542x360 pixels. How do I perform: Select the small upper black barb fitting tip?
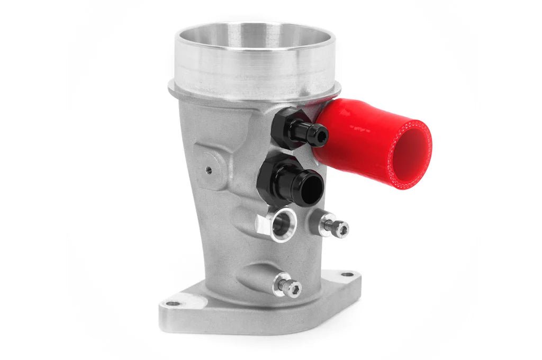(x=320, y=136)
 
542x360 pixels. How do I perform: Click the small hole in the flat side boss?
(x=209, y=170)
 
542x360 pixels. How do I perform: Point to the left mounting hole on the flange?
(x=173, y=304)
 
